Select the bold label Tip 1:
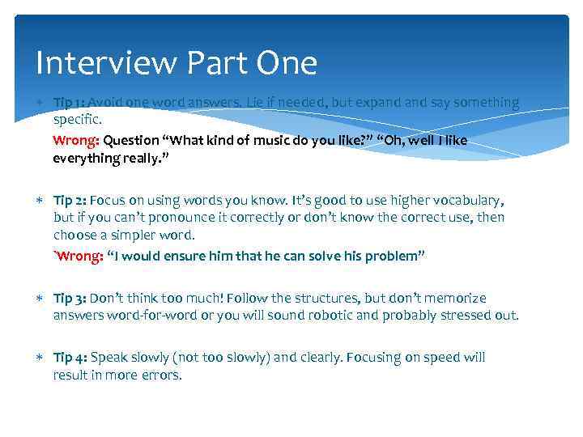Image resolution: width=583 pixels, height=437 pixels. tap(70, 103)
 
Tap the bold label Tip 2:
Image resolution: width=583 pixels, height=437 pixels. tap(70, 200)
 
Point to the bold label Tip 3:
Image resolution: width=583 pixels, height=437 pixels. tap(70, 298)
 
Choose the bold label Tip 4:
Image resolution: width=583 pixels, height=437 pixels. tap(70, 357)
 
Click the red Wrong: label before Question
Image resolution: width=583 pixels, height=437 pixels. tap(76, 140)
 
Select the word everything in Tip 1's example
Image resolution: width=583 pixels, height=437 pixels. tap(85, 159)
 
